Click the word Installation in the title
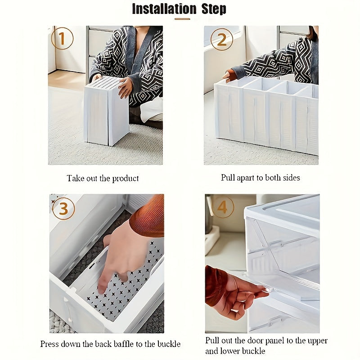[x=164, y=9]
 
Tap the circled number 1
[x=62, y=39]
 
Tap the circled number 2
[x=221, y=39]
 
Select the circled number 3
[x=63, y=208]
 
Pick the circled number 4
[x=223, y=207]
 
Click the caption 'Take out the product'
[x=103, y=179]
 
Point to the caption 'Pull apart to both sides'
[x=260, y=178]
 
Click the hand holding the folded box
[x=125, y=87]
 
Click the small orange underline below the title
[x=182, y=19]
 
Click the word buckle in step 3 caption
[x=168, y=344]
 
